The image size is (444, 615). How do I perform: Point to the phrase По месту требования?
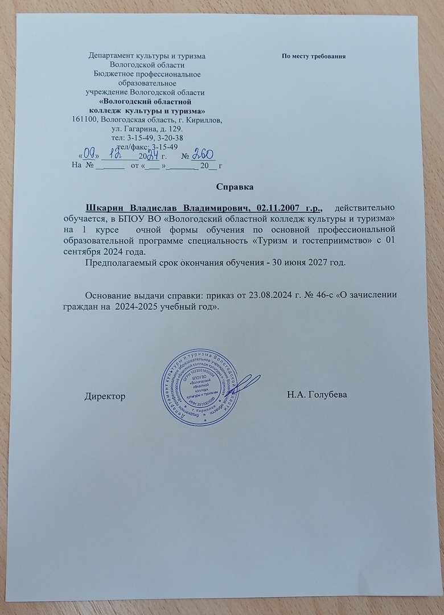(314, 57)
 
